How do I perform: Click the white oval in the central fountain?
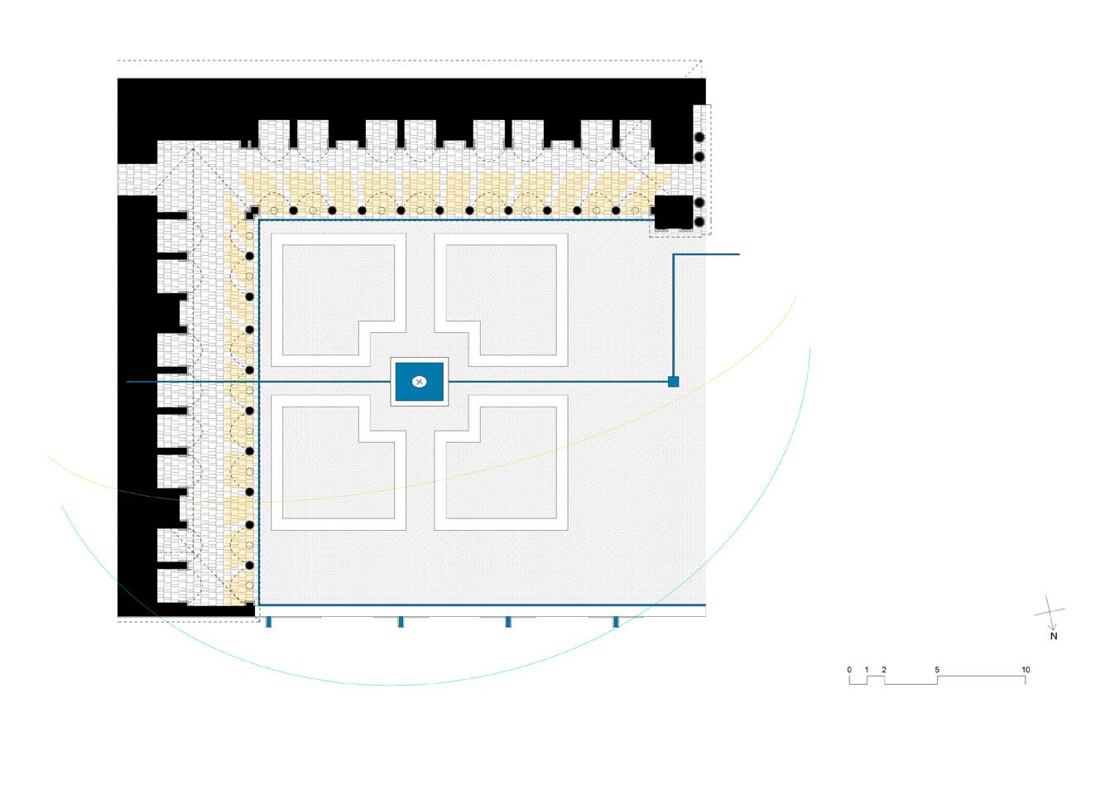pos(420,382)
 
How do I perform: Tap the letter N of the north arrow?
pos(1054,637)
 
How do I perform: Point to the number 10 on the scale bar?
pos(1026,670)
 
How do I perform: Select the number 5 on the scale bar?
pos(937,670)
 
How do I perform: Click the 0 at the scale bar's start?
pos(849,670)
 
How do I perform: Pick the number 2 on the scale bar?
pos(884,670)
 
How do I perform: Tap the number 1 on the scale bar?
pos(867,670)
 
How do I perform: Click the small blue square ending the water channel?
pos(673,382)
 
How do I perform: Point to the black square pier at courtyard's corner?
pos(673,213)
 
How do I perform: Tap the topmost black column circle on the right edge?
pos(699,137)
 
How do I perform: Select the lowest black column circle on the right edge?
pos(699,222)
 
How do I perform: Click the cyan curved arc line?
pos(397,685)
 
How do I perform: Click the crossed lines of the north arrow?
pos(1050,612)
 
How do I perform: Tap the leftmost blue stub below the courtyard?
pos(268,622)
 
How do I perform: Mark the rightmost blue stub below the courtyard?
pos(615,622)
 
